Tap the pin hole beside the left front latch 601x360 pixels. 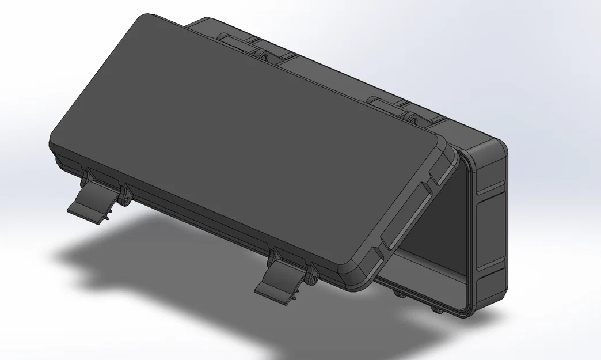point(124,201)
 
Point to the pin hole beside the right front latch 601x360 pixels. point(313,281)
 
